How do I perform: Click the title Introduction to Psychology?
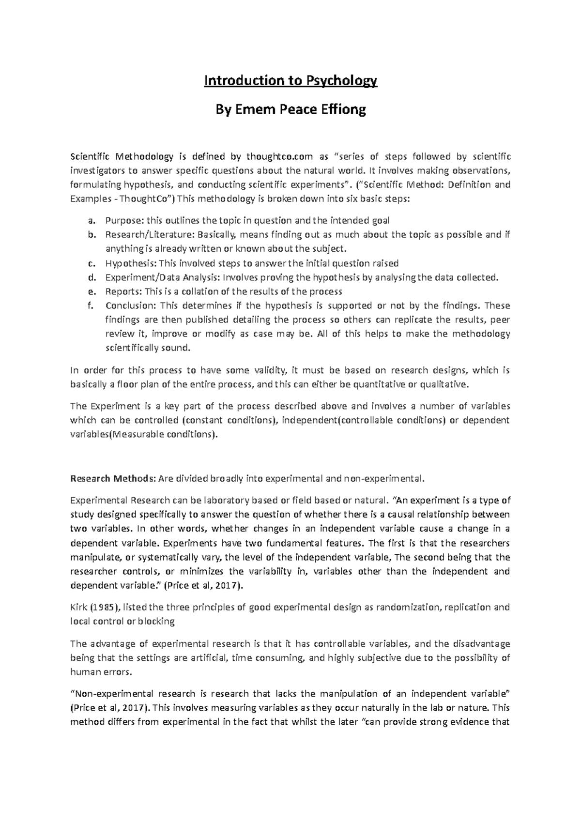(x=290, y=80)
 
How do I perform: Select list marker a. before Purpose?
(x=91, y=221)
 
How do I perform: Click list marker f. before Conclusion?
(x=91, y=305)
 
